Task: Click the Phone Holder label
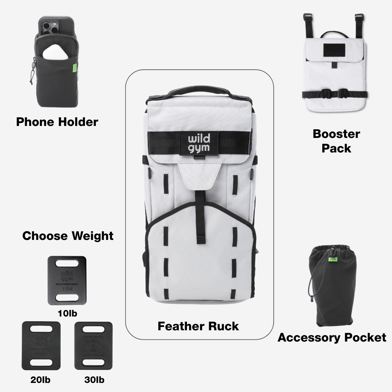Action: pyautogui.click(x=57, y=122)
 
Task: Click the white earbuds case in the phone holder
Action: pyautogui.click(x=54, y=53)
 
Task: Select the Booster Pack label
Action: pyautogui.click(x=336, y=141)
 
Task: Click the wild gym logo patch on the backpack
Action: pyautogui.click(x=199, y=144)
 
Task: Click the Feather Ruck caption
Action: pyautogui.click(x=198, y=326)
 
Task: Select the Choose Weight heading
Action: pyautogui.click(x=68, y=236)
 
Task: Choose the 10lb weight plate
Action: pyautogui.click(x=67, y=280)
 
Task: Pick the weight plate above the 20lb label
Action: pyautogui.click(x=41, y=345)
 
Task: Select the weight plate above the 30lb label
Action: pyautogui.click(x=93, y=345)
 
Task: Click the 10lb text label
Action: pyautogui.click(x=68, y=313)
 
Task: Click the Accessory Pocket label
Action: pyautogui.click(x=332, y=338)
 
